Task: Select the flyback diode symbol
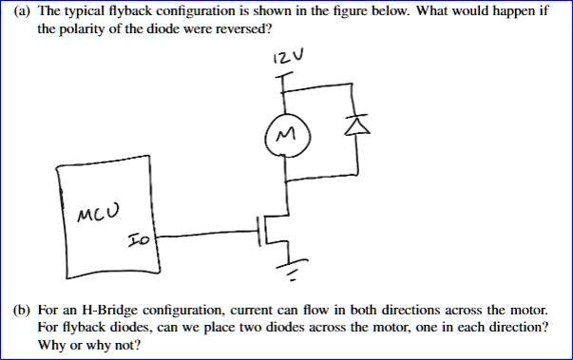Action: (x=356, y=123)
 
